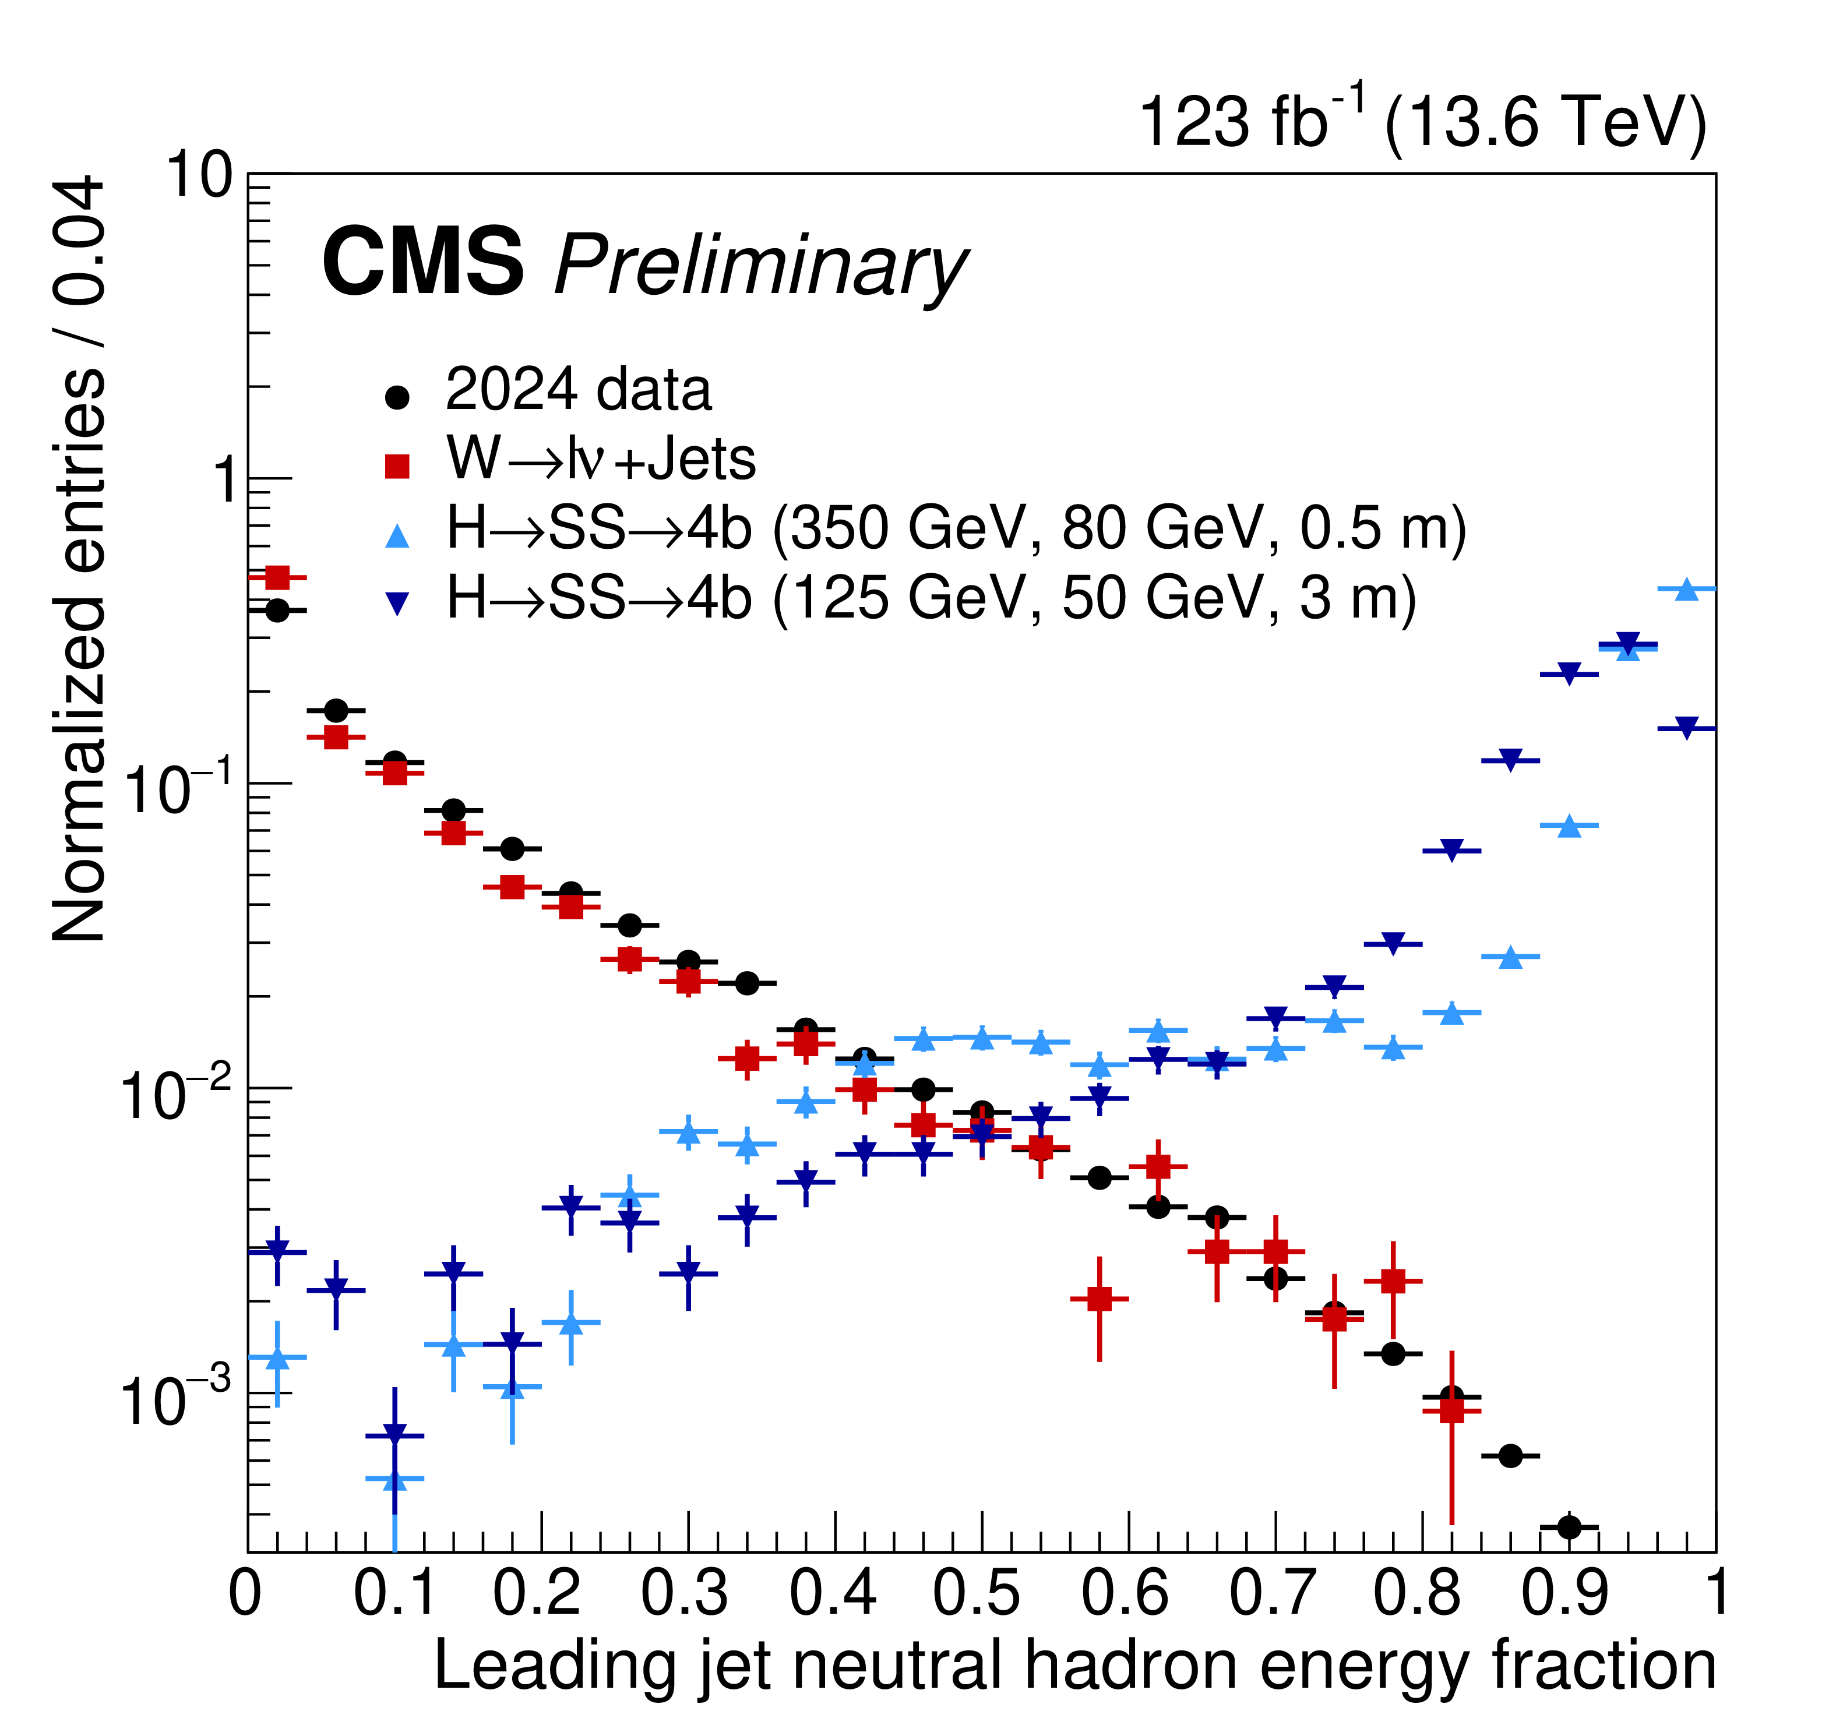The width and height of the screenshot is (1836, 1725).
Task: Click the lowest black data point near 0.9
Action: [1569, 1528]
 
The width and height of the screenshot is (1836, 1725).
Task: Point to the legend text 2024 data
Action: [578, 390]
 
